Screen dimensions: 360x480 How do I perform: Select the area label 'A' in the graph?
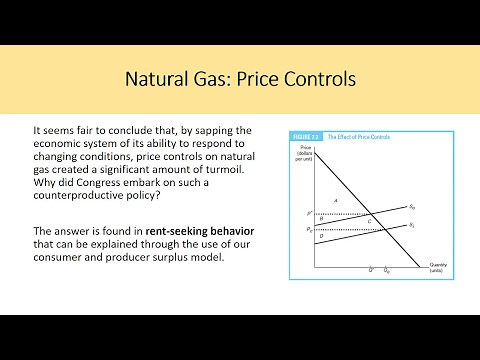335,201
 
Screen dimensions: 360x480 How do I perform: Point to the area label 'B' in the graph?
321,219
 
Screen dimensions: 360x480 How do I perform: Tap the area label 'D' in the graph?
321,236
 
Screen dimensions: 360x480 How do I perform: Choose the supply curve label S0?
412,206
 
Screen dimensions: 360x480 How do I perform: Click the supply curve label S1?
412,226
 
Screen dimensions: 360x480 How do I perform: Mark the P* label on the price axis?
308,213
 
